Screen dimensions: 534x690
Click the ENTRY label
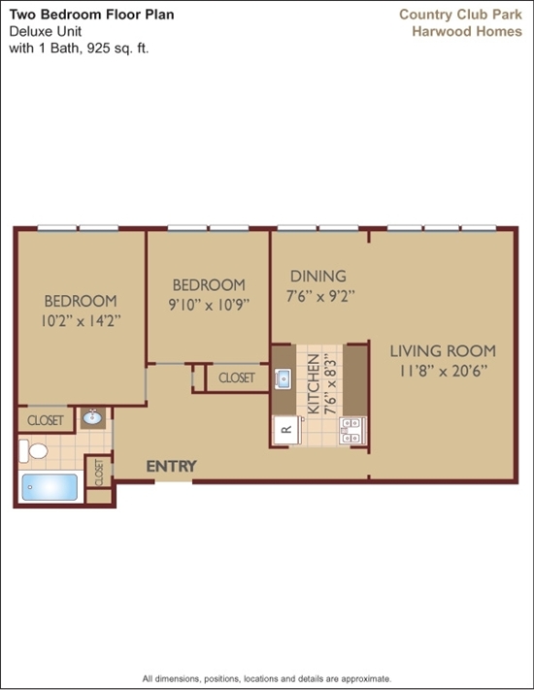(171, 467)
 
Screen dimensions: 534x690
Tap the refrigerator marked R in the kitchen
(287, 430)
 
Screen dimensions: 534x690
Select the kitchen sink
(283, 378)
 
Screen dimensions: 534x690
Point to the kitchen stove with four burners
(352, 430)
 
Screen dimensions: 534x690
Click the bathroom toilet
(33, 451)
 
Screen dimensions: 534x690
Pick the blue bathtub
(50, 487)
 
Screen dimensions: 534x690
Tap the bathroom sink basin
(92, 417)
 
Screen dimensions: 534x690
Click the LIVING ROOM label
(443, 351)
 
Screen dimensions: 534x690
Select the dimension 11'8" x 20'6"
(444, 371)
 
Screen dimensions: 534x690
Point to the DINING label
(318, 277)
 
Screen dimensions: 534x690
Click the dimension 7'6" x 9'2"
(320, 296)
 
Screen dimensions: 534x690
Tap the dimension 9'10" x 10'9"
(209, 305)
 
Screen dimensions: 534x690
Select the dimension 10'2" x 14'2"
(81, 321)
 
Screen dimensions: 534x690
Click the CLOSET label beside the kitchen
(237, 378)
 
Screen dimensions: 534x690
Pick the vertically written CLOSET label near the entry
(99, 473)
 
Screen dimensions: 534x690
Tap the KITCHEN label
(313, 384)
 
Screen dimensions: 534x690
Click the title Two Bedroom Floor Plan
(91, 15)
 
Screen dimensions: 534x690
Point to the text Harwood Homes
(467, 32)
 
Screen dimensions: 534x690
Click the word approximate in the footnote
(365, 679)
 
